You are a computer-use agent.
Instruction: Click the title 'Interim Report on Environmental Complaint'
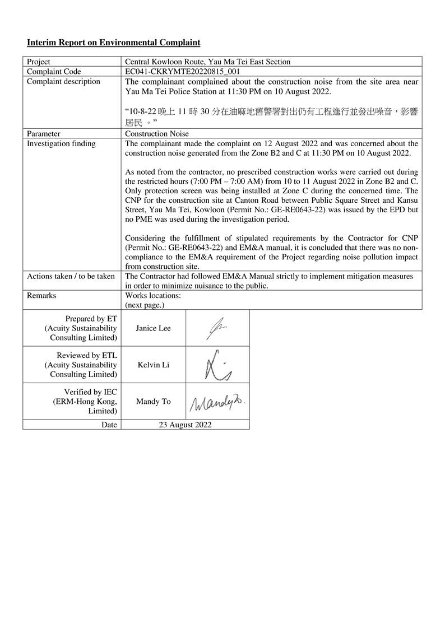[x=113, y=43]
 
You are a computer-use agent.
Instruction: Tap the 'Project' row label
[x=39, y=62]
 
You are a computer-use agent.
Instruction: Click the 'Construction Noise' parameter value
[x=157, y=134]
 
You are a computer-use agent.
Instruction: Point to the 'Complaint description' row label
[x=63, y=81]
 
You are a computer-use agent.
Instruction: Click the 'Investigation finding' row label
[x=61, y=143]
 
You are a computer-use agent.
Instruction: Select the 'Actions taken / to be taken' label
[x=71, y=276]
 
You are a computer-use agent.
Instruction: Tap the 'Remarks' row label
[x=41, y=295]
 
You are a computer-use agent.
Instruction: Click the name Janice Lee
[x=153, y=328]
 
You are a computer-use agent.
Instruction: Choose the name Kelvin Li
[x=153, y=365]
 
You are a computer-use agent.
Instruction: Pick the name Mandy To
[x=153, y=402]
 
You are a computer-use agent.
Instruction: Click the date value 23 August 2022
[x=185, y=425]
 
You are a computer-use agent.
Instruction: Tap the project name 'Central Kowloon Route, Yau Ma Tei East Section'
[x=207, y=62]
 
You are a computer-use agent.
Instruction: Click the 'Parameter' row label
[x=44, y=134]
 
